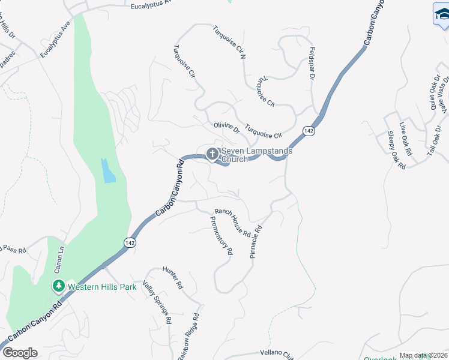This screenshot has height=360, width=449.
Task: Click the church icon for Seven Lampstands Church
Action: (212, 155)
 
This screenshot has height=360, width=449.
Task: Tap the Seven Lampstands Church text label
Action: (257, 155)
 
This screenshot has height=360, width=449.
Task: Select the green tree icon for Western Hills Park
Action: (59, 286)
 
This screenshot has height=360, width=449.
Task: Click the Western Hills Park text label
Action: (101, 287)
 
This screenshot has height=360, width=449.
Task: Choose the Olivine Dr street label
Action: (226, 128)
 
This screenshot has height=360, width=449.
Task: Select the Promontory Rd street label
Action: (220, 236)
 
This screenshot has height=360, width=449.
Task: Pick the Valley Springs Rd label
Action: (157, 302)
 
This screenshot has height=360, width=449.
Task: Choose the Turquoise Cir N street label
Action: (230, 41)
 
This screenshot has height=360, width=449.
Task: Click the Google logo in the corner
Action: (19, 353)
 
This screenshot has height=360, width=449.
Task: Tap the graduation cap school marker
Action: (442, 15)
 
